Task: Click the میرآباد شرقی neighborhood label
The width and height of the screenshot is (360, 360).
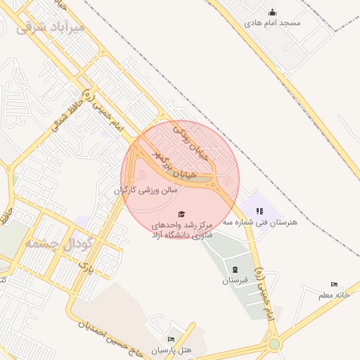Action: point(49,27)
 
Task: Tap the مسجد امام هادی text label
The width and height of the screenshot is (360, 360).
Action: point(272,22)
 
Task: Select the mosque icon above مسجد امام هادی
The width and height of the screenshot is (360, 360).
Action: point(272,12)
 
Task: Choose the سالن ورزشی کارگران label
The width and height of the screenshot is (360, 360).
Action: point(146,190)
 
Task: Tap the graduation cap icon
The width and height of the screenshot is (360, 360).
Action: point(181,214)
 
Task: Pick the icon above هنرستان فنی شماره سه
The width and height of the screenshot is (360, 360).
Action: point(259,210)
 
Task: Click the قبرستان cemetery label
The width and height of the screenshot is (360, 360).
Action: point(235,280)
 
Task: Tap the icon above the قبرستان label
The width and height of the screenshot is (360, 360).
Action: point(235,269)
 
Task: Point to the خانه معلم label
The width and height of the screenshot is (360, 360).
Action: point(333,295)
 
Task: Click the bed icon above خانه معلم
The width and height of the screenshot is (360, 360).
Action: point(334,285)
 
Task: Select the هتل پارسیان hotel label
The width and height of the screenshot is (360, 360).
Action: point(172,349)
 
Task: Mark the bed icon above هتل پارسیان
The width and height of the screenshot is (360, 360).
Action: point(172,339)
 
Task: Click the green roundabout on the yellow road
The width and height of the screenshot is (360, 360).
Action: point(274,345)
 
